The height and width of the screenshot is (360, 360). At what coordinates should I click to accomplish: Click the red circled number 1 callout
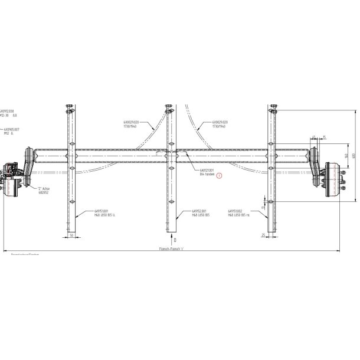[x=220, y=175]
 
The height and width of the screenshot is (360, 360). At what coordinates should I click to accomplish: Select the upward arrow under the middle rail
[x=172, y=240]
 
